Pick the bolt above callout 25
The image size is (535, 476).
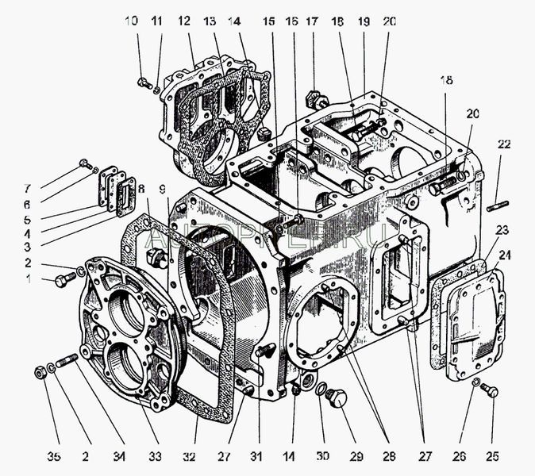490,390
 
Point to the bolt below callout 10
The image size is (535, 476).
143,82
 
